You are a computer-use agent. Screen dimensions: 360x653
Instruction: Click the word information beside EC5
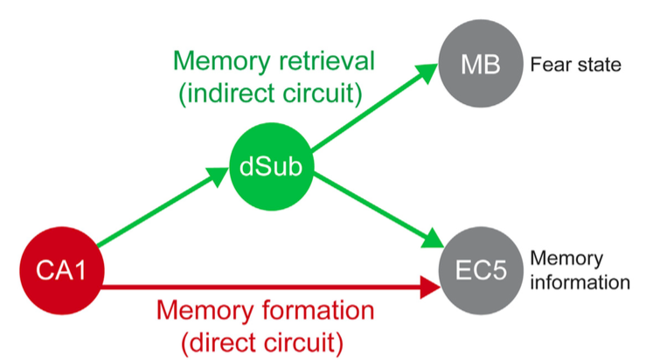pyautogui.click(x=580, y=282)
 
